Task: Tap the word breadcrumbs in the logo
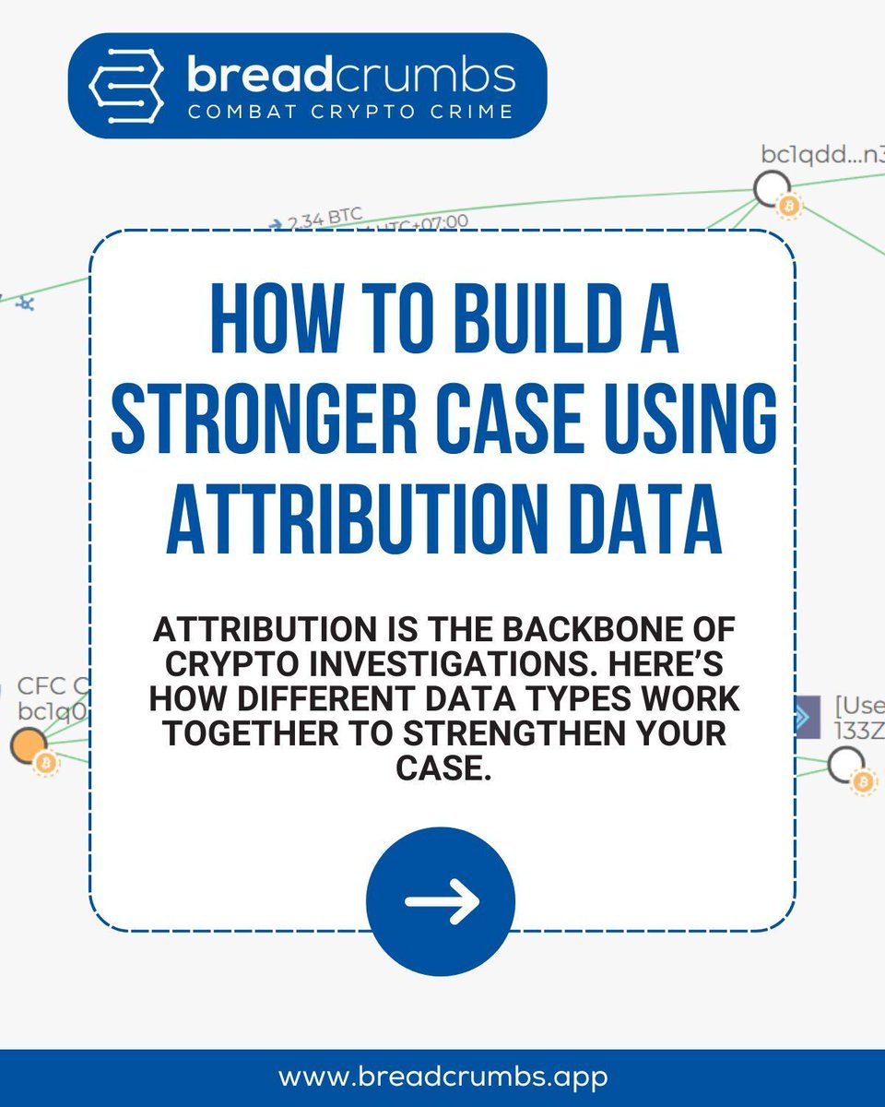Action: pos(351,75)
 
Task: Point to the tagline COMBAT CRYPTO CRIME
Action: pos(351,112)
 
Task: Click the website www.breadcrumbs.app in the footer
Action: pos(442,1077)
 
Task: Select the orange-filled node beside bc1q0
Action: pos(29,744)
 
